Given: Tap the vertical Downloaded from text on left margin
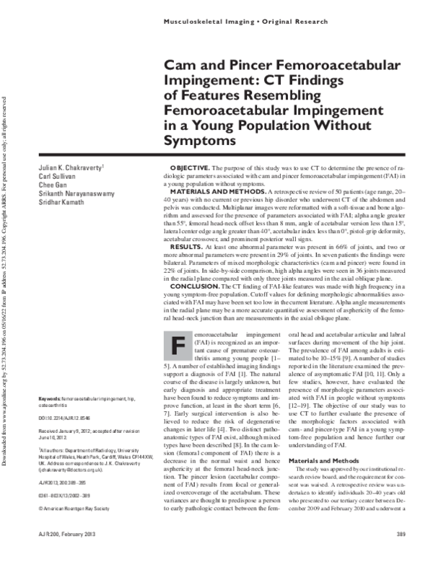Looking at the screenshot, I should (5, 433).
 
